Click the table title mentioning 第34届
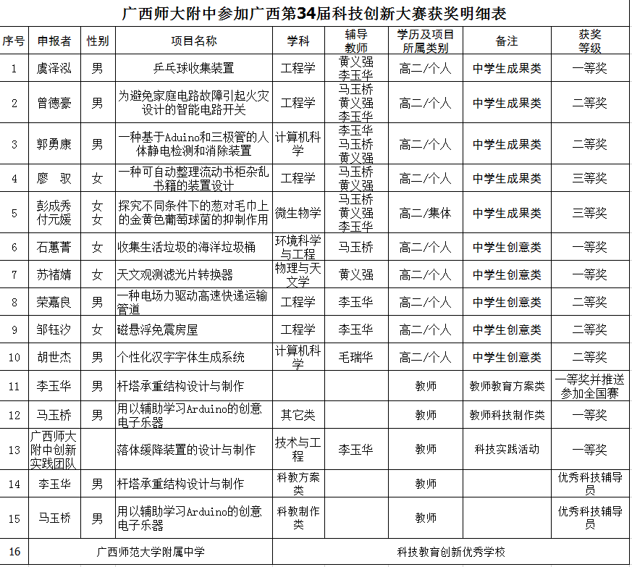pyautogui.click(x=315, y=14)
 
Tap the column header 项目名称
pyautogui.click(x=193, y=41)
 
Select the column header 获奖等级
pyautogui.click(x=589, y=41)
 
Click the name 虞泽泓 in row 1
pyautogui.click(x=54, y=68)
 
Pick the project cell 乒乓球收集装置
pyautogui.click(x=193, y=68)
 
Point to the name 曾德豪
pyautogui.click(x=54, y=103)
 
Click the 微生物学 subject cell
pyautogui.click(x=298, y=213)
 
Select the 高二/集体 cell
pyautogui.click(x=425, y=213)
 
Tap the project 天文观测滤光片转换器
pyautogui.click(x=175, y=274)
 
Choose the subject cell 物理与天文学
pyautogui.click(x=298, y=274)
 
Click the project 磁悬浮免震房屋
pyautogui.click(x=157, y=329)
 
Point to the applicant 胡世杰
pyautogui.click(x=54, y=357)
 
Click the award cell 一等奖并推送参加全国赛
pyautogui.click(x=589, y=386)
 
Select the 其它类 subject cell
pyautogui.click(x=298, y=415)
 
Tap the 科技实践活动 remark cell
pyautogui.click(x=507, y=449)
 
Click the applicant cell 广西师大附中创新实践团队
pyautogui.click(x=54, y=449)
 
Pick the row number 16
pyautogui.click(x=14, y=552)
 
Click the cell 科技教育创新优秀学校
pyautogui.click(x=451, y=552)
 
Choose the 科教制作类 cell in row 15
pyautogui.click(x=298, y=518)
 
